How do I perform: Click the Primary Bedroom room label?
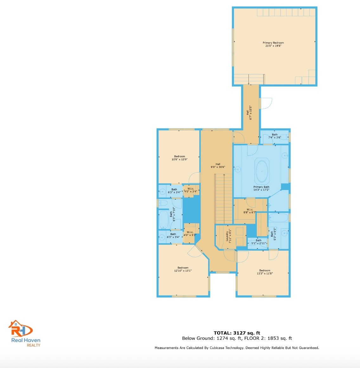coord(273,43)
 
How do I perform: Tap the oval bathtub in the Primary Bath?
coord(262,172)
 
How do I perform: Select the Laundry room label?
coord(227,236)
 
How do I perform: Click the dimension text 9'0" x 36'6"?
coord(218,167)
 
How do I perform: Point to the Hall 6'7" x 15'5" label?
coord(249,113)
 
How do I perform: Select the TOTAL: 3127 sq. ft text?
coord(237,333)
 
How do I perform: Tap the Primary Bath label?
coord(261,187)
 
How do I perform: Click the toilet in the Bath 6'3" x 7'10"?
coord(163,203)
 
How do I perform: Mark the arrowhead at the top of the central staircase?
coord(224,175)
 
